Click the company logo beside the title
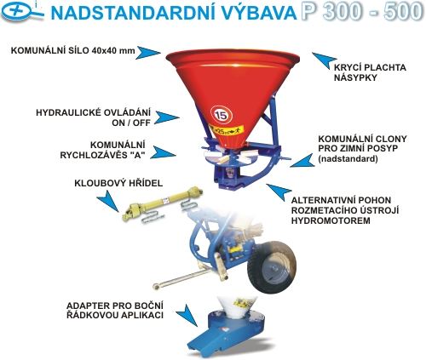click(x=22, y=12)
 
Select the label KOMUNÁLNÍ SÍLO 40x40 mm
click(x=72, y=51)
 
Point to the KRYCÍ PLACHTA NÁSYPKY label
click(x=370, y=72)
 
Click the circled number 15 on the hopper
click(x=222, y=115)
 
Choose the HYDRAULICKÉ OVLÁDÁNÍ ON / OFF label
click(x=93, y=117)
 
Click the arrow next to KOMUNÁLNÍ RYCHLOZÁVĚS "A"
click(x=164, y=152)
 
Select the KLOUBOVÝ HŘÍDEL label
click(x=118, y=183)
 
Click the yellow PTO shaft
click(x=163, y=203)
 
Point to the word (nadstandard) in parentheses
click(x=348, y=159)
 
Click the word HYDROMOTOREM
click(x=331, y=220)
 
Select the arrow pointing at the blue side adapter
click(x=187, y=315)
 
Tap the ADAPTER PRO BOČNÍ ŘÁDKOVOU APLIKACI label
click(x=115, y=311)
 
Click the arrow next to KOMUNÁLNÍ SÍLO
click(x=147, y=53)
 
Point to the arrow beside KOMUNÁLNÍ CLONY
click(x=302, y=161)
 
